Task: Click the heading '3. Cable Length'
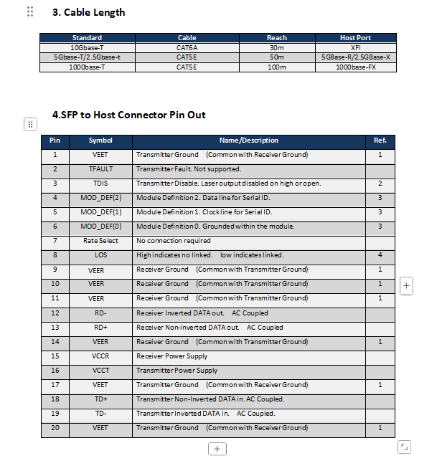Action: pos(88,12)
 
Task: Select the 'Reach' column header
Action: pos(276,38)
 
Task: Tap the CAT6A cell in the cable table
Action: pos(187,47)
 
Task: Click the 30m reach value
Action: pos(276,47)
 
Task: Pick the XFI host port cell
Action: pos(355,47)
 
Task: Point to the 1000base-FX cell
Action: pos(355,67)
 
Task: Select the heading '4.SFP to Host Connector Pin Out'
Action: pos(129,115)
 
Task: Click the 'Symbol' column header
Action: pos(100,141)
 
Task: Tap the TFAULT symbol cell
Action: pos(100,169)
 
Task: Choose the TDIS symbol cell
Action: pos(100,184)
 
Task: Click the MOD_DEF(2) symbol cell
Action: pos(100,198)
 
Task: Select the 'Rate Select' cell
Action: pos(100,241)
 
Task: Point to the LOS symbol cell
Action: pos(100,255)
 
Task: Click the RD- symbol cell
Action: pos(100,313)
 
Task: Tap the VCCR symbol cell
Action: pos(100,356)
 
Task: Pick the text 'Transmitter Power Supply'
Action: pos(177,371)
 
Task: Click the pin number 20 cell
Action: pos(55,428)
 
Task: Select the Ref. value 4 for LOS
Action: pos(380,255)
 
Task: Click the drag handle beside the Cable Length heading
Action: pos(30,11)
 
